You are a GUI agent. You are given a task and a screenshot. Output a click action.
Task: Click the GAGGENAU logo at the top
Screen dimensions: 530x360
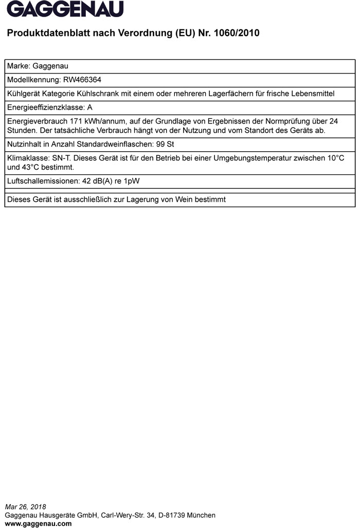tap(65, 9)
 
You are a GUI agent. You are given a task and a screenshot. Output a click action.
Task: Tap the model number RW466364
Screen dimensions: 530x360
tap(82, 80)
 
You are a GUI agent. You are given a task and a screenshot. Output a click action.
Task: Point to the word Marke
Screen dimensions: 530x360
tap(18, 66)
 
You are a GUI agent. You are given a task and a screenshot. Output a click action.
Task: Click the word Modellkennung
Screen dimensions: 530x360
tap(33, 80)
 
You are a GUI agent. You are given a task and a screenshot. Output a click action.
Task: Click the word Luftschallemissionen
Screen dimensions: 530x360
tap(43, 181)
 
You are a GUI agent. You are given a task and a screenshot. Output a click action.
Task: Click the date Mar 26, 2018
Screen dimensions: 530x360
tap(26, 507)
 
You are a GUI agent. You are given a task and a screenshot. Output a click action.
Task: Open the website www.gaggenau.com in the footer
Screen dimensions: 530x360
tap(38, 524)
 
